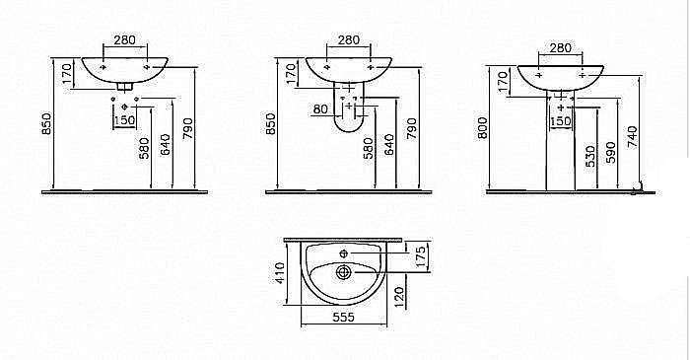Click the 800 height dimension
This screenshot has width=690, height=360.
click(483, 129)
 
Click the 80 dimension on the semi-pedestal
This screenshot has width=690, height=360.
click(319, 108)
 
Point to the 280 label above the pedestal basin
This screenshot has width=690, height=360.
click(560, 47)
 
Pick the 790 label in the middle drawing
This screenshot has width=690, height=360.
click(412, 128)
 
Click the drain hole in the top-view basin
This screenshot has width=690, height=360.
click(343, 270)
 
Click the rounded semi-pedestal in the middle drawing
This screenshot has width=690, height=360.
click(348, 113)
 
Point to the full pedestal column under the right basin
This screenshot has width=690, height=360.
click(561, 148)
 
